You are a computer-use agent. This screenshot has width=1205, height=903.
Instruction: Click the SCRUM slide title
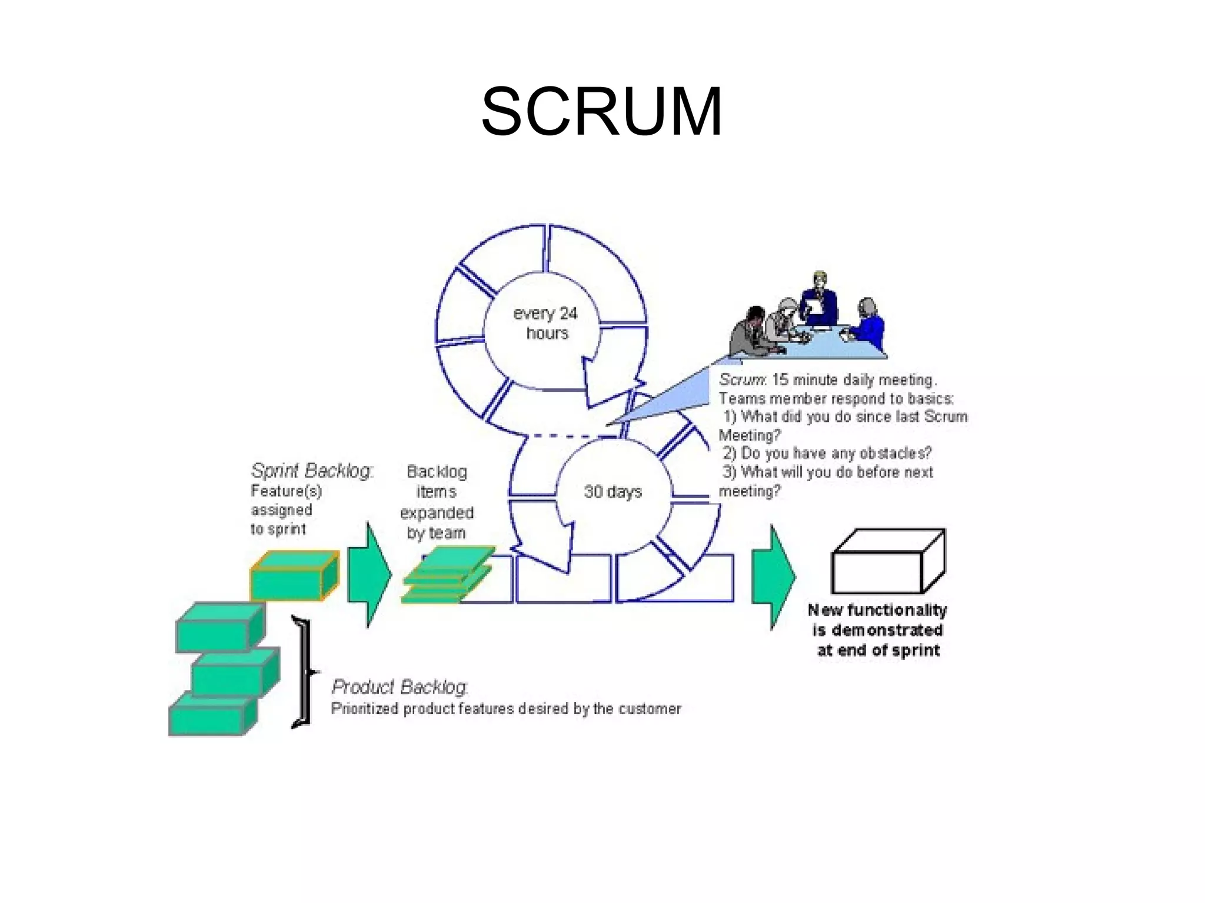pos(601,112)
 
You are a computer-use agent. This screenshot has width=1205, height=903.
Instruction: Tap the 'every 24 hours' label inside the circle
pos(545,323)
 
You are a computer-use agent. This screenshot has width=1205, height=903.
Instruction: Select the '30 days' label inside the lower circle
pos(613,491)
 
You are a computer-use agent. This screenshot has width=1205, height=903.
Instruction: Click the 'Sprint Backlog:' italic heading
pos(312,471)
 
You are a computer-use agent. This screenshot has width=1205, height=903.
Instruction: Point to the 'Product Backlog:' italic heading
pos(400,687)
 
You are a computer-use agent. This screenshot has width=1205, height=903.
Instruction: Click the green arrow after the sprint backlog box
pos(369,574)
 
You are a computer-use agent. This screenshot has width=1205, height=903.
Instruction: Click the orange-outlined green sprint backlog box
pos(294,576)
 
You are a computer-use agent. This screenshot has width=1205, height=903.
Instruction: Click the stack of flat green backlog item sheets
pos(447,575)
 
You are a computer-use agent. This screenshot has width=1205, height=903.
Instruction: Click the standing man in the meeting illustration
pos(820,300)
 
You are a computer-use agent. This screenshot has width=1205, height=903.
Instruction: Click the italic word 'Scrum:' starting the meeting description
pos(743,379)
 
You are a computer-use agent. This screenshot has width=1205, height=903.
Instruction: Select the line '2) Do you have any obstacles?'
pos(827,453)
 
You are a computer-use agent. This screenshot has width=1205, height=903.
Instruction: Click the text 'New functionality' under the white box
pos(877,610)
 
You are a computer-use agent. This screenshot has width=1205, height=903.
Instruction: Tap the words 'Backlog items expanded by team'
pos(437,502)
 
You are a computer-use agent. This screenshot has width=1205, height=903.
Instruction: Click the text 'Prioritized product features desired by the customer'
pos(506,708)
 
